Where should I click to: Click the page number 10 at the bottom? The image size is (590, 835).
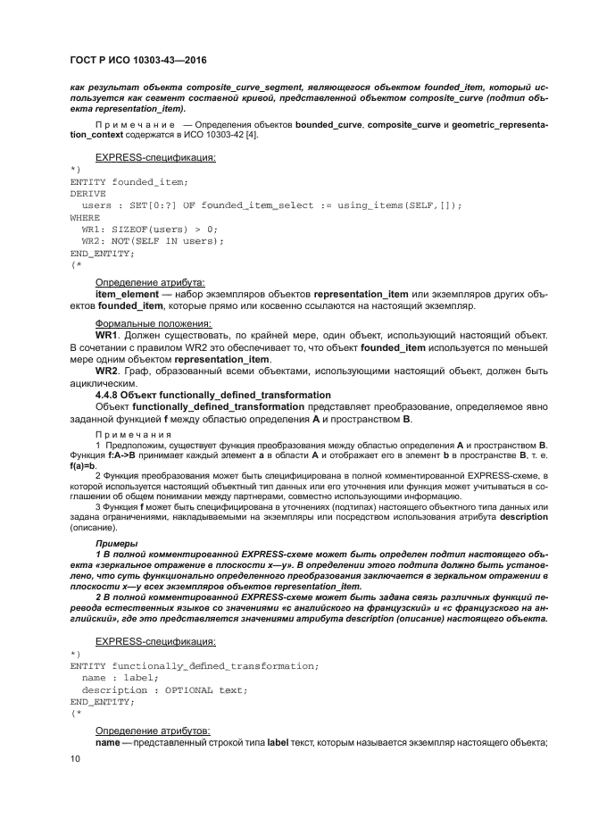(x=75, y=758)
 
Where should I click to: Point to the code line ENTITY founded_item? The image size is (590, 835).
(x=129, y=181)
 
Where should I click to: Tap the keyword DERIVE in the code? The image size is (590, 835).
(x=87, y=193)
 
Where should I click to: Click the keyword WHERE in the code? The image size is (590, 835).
(x=85, y=217)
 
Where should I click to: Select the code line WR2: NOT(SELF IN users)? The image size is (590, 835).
(x=153, y=241)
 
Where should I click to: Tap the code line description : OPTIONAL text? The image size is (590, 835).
(x=164, y=689)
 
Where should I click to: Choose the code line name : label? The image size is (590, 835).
(x=120, y=678)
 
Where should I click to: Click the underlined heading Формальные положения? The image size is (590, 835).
(x=153, y=322)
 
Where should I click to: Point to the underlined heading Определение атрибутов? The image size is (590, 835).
(x=153, y=731)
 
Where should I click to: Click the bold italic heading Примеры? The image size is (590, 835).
(x=117, y=542)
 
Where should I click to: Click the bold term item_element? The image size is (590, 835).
(x=132, y=293)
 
